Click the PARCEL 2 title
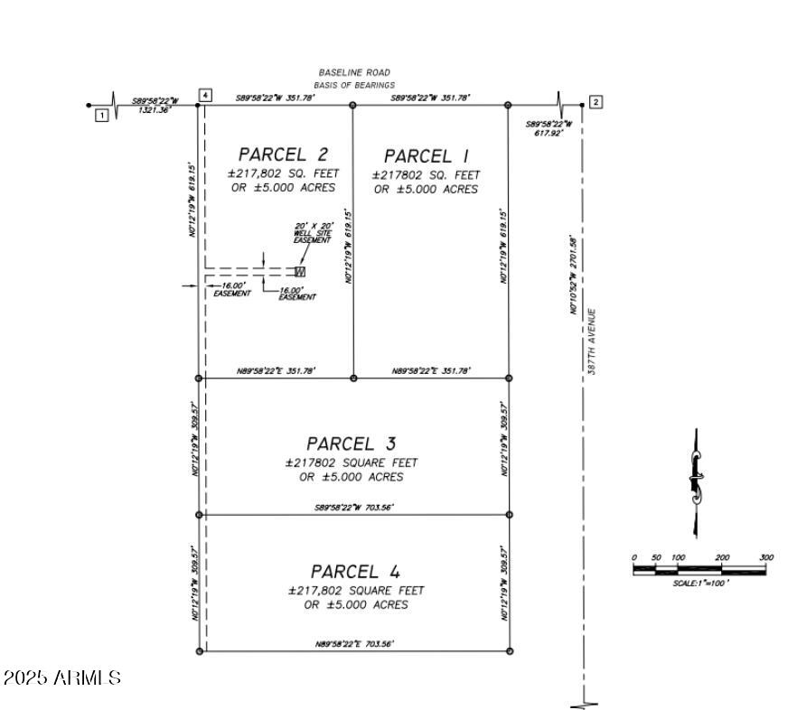click(x=283, y=154)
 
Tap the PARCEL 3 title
click(x=352, y=444)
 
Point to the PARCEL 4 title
click(x=355, y=572)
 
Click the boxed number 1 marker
click(x=102, y=115)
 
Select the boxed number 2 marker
click(x=596, y=101)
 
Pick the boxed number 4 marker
click(x=206, y=95)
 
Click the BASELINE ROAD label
click(x=354, y=72)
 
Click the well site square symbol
click(x=300, y=271)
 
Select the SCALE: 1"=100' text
click(x=700, y=584)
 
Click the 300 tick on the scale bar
click(x=766, y=558)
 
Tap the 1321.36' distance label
click(x=154, y=110)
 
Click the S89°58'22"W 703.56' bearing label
click(x=353, y=508)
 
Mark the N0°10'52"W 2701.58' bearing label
click(x=573, y=276)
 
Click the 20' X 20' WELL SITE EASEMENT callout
click(x=314, y=232)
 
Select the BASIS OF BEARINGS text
click(x=354, y=85)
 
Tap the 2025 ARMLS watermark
click(x=62, y=677)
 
